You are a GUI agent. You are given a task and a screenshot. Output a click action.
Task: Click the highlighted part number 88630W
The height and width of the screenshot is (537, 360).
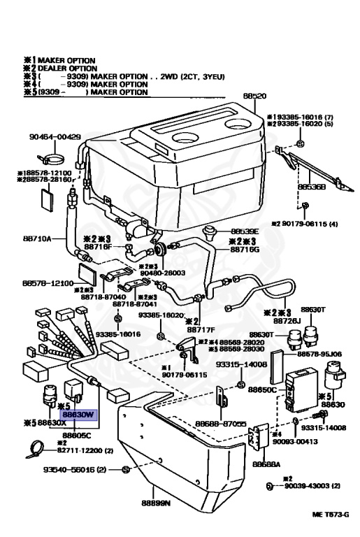click(79, 415)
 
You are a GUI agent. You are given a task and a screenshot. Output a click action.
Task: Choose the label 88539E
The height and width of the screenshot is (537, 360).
click(245, 231)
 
